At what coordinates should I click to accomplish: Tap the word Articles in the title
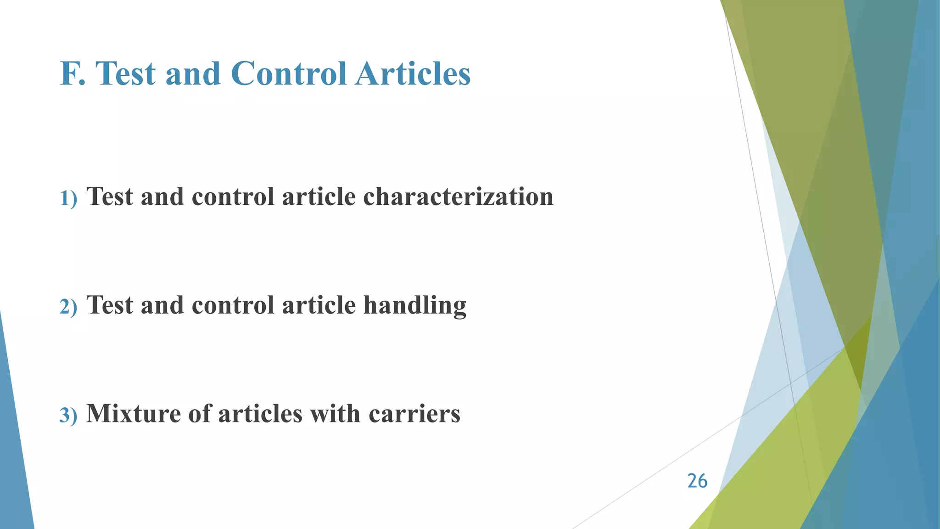[413, 74]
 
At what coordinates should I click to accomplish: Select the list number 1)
[68, 198]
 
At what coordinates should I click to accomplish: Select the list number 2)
[68, 307]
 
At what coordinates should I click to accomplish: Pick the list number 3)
[68, 415]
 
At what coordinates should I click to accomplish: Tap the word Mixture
[134, 413]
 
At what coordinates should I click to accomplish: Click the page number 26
[697, 481]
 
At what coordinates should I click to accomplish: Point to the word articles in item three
[260, 413]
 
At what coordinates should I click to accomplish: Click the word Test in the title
[126, 74]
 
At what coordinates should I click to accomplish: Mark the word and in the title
[193, 74]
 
